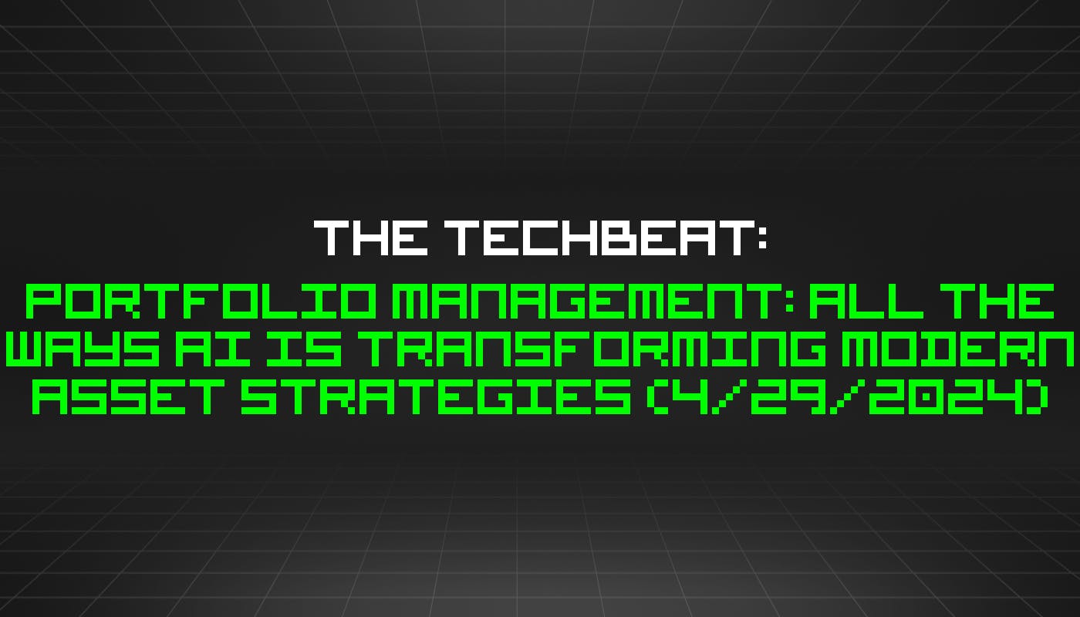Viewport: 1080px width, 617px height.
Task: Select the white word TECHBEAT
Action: coord(590,238)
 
